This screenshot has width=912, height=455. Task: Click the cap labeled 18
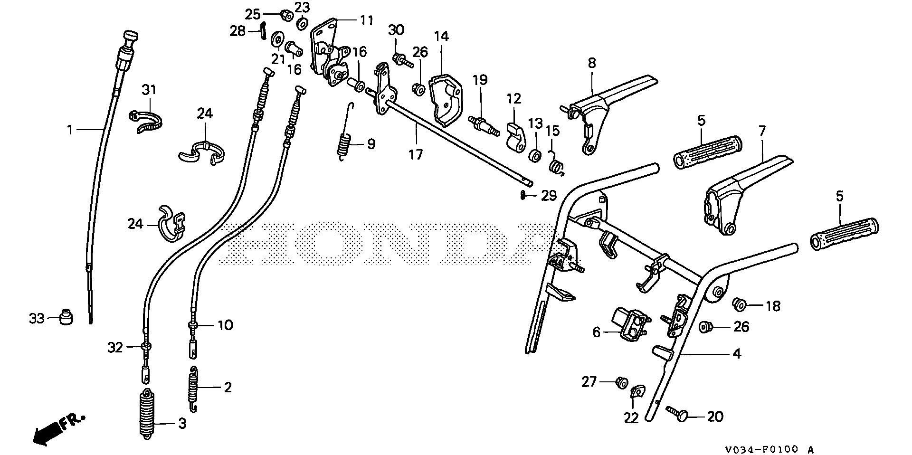click(739, 303)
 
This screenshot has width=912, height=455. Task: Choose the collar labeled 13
click(535, 155)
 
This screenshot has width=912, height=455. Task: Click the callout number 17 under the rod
click(415, 155)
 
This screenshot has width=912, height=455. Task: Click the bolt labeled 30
click(399, 59)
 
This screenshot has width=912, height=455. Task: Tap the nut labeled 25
click(286, 13)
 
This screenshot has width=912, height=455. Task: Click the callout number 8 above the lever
click(591, 63)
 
